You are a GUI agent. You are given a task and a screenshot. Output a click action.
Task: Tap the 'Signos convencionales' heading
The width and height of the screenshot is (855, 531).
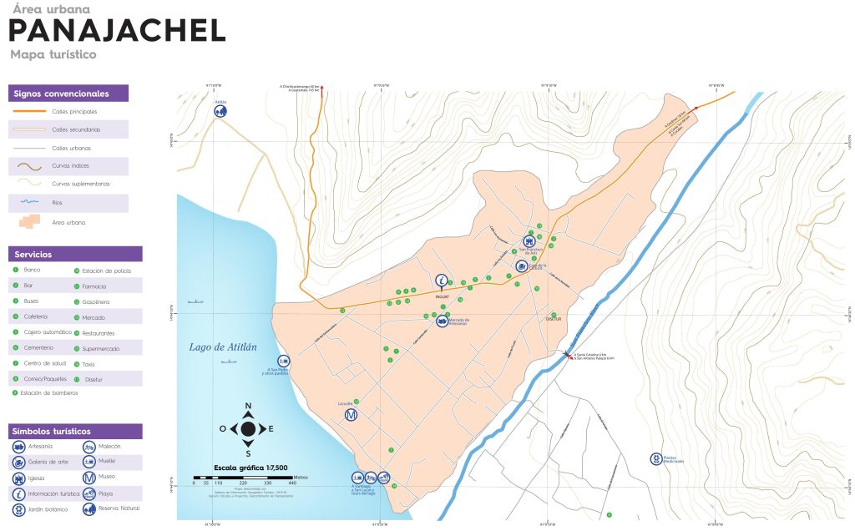(62, 94)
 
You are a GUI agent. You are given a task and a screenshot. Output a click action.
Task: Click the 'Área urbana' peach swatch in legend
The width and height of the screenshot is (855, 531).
(28, 222)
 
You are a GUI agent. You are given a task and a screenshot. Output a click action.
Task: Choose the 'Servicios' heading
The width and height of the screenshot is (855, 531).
(33, 254)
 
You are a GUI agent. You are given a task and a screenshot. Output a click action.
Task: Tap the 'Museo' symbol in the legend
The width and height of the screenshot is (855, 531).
(89, 478)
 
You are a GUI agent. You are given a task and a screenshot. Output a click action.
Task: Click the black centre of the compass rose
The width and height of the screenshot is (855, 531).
(248, 429)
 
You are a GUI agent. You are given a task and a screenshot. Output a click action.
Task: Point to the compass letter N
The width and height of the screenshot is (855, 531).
(248, 407)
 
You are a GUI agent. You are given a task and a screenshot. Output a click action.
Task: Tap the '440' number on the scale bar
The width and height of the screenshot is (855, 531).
(292, 483)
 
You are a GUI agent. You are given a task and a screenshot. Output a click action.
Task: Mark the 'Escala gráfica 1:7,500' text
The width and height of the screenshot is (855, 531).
(250, 468)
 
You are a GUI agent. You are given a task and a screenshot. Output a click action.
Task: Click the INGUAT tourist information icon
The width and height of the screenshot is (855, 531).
(443, 281)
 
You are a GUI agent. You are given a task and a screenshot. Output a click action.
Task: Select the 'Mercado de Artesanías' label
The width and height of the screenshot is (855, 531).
(459, 321)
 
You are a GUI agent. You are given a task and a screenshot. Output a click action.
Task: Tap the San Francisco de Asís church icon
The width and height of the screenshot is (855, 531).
(529, 240)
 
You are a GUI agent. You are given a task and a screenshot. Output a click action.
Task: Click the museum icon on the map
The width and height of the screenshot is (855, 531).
(352, 415)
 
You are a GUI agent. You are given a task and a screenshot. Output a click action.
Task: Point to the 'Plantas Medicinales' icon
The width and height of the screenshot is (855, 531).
(656, 458)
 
